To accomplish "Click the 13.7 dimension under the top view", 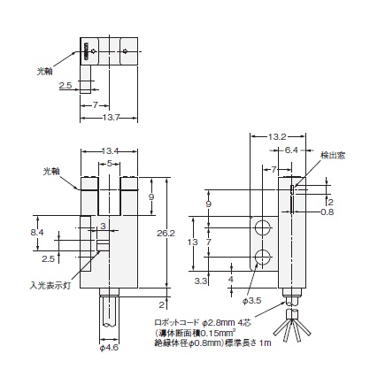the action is [111, 118].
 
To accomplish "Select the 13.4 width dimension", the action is [110, 151].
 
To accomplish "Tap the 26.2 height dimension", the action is [166, 234].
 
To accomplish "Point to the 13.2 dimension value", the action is [277, 136].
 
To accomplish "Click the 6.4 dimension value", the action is [291, 150].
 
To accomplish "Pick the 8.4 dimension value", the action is [37, 233].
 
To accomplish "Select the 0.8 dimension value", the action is [327, 212].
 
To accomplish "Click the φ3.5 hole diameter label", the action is [251, 301].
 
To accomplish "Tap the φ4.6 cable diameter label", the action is [109, 348].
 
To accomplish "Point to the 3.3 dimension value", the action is [201, 281].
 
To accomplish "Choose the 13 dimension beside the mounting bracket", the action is [193, 242].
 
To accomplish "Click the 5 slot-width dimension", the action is [110, 163].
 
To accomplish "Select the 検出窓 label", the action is [333, 156].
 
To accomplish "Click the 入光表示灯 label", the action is [50, 286].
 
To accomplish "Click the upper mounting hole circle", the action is [263, 227].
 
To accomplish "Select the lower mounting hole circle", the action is [263, 257].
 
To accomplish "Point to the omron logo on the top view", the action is [87, 51].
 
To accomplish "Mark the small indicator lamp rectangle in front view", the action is [103, 245].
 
